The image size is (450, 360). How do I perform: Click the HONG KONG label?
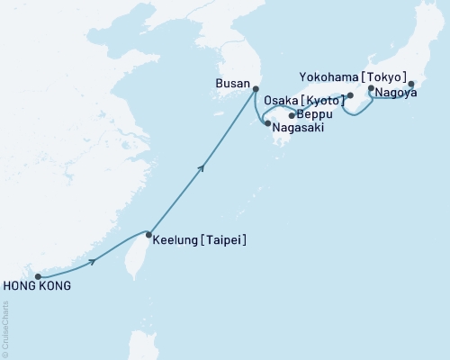click(37, 287)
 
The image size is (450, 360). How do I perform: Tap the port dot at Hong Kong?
click(38, 276)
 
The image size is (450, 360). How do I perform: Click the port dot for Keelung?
click(148, 235)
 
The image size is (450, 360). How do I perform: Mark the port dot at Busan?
click(256, 88)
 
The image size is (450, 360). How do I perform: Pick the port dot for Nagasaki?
click(267, 122)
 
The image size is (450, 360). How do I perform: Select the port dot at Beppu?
click(292, 115)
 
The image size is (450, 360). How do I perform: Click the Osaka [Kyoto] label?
click(304, 100)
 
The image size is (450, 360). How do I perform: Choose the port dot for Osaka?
click(350, 95)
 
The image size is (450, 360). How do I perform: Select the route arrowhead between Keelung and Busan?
click(204, 166)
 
